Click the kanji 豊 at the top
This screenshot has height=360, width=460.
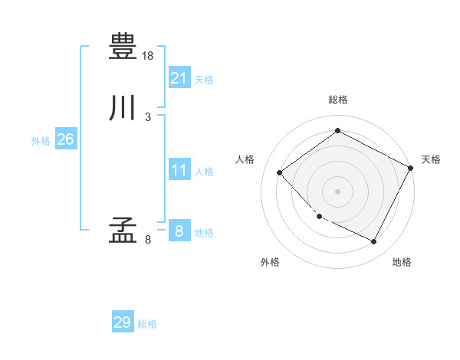pyautogui.click(x=123, y=46)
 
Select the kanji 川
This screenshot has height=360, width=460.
pyautogui.click(x=122, y=107)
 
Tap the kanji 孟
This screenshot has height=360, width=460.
pyautogui.click(x=123, y=230)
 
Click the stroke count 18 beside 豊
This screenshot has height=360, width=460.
pyautogui.click(x=147, y=56)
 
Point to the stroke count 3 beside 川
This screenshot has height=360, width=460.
pyautogui.click(x=148, y=117)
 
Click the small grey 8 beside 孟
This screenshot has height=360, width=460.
pyautogui.click(x=148, y=240)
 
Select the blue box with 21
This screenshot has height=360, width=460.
pyautogui.click(x=179, y=77)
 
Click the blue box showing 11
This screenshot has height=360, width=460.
pyautogui.click(x=179, y=169)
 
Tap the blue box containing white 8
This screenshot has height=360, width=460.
pyautogui.click(x=179, y=230)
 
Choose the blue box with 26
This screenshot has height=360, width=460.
pyautogui.click(x=66, y=139)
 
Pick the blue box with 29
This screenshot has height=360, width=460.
pyautogui.click(x=123, y=321)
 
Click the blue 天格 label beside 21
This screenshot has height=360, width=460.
pyautogui.click(x=204, y=80)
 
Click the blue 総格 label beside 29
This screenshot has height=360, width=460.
pyautogui.click(x=147, y=324)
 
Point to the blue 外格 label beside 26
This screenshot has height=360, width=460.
pyautogui.click(x=41, y=141)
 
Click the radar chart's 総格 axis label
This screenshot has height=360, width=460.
pyautogui.click(x=338, y=100)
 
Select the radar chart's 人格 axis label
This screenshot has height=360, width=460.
pyautogui.click(x=245, y=159)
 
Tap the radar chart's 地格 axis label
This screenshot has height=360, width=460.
pyautogui.click(x=402, y=262)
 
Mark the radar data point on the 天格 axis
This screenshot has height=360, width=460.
pyautogui.click(x=410, y=168)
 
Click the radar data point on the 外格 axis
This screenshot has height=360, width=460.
pyautogui.click(x=320, y=216)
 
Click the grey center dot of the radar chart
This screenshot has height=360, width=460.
pyautogui.click(x=337, y=191)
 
